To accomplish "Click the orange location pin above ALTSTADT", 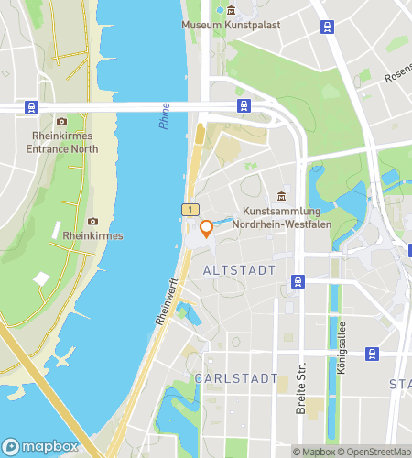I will pos(207,228).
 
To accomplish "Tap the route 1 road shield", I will pos(190,210).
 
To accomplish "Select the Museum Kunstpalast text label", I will pos(231,25).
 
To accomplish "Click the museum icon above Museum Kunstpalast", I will pos(231,10).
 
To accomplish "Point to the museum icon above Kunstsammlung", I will pos(281,196).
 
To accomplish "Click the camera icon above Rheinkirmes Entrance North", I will pos(61,122).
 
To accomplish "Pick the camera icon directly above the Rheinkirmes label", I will pos(92,221).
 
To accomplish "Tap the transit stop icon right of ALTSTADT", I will pos(298,280).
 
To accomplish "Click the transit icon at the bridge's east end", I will pos(244,105).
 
